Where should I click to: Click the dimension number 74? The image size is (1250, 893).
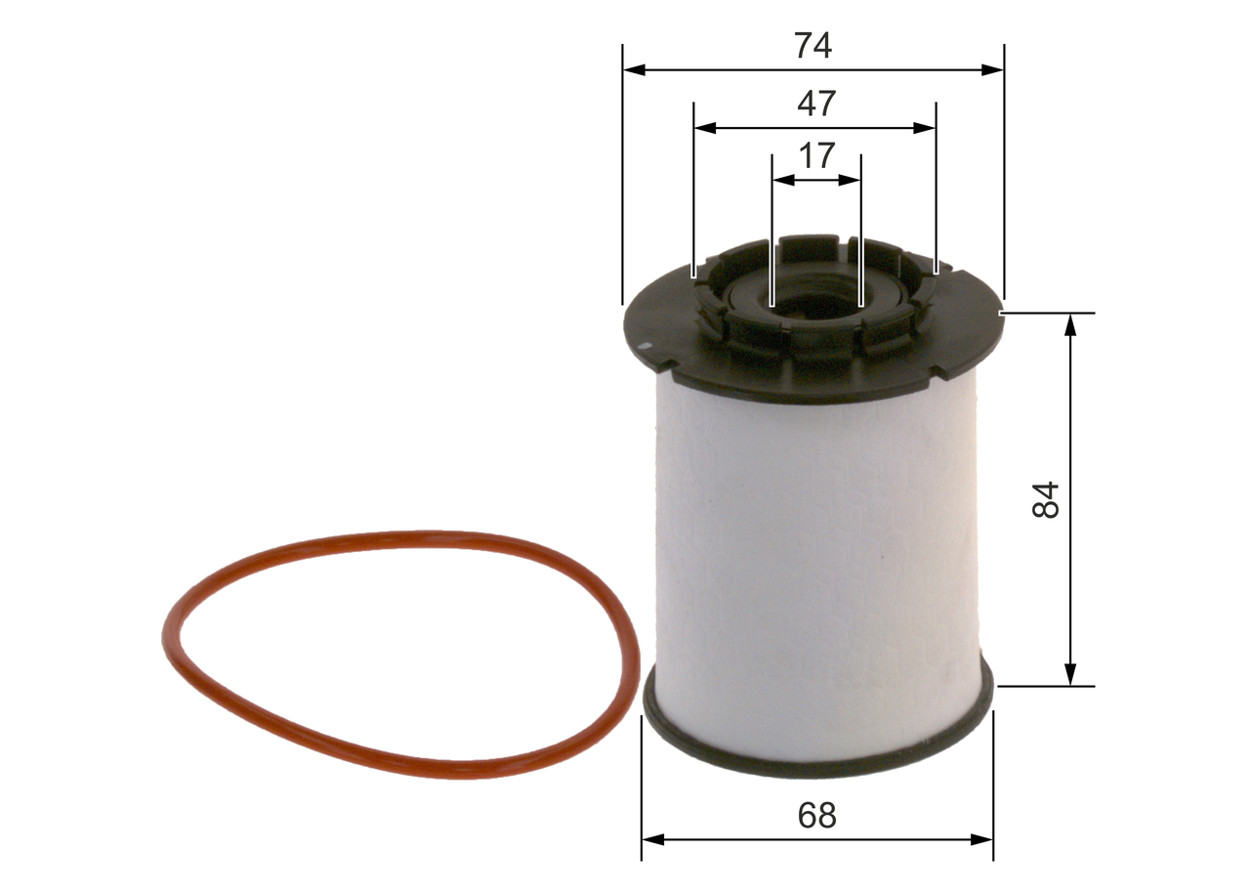(x=812, y=45)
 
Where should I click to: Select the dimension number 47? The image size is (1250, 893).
(x=815, y=103)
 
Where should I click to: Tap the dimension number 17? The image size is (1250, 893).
(x=816, y=155)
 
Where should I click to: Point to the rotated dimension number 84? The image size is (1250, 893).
(x=1046, y=499)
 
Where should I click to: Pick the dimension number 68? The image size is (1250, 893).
(x=816, y=815)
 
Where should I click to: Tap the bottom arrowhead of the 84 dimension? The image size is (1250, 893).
(x=1071, y=675)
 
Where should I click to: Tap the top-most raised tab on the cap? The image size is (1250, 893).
(x=810, y=245)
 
